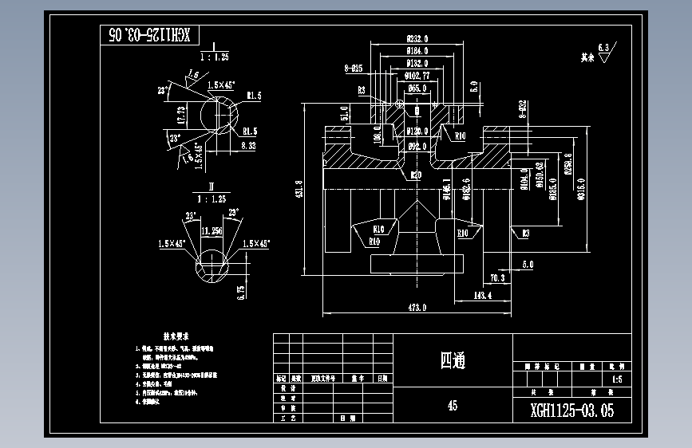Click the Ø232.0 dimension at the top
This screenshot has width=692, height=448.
pyautogui.click(x=417, y=37)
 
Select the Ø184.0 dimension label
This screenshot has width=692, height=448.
pyautogui.click(x=417, y=50)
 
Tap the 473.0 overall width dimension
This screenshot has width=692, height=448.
pyautogui.click(x=417, y=307)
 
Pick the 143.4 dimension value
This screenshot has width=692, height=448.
pyautogui.click(x=482, y=294)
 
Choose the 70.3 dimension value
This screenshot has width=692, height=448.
pyautogui.click(x=496, y=278)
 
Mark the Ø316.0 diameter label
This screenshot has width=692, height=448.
pyautogui.click(x=581, y=188)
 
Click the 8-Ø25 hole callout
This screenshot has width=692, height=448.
pyautogui.click(x=354, y=69)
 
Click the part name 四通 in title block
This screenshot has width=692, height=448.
pyautogui.click(x=453, y=360)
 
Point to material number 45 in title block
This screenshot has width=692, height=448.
pyautogui.click(x=453, y=405)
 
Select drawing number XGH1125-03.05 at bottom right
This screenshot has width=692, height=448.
pyautogui.click(x=573, y=411)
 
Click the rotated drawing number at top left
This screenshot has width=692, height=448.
pyautogui.click(x=149, y=34)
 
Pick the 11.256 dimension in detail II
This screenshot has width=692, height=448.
pyautogui.click(x=212, y=230)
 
